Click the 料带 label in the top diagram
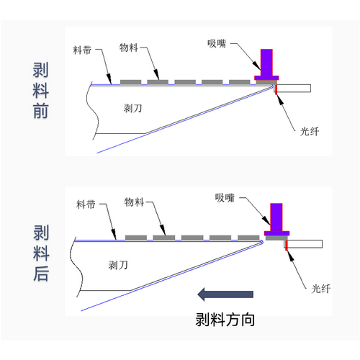[x=82, y=50]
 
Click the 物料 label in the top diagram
[x=129, y=48]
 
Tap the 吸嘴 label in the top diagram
[x=217, y=43]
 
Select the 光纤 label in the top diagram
[x=310, y=132]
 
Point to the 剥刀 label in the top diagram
[x=132, y=108]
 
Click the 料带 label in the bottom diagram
[x=86, y=204]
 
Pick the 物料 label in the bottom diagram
[x=134, y=202]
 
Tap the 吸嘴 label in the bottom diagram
[x=225, y=198]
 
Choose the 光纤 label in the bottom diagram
[x=321, y=289]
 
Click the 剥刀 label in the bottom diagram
[x=118, y=265]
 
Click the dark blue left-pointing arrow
[x=225, y=294]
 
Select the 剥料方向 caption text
[x=225, y=320]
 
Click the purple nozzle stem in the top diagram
[x=266, y=63]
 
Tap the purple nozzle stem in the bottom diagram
[x=276, y=217]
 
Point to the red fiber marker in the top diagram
[x=276, y=89]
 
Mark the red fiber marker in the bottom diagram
[x=287, y=246]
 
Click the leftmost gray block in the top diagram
[x=130, y=82]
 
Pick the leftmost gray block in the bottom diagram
[x=136, y=238]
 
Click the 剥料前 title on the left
[x=40, y=90]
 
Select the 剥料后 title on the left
[x=41, y=253]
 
